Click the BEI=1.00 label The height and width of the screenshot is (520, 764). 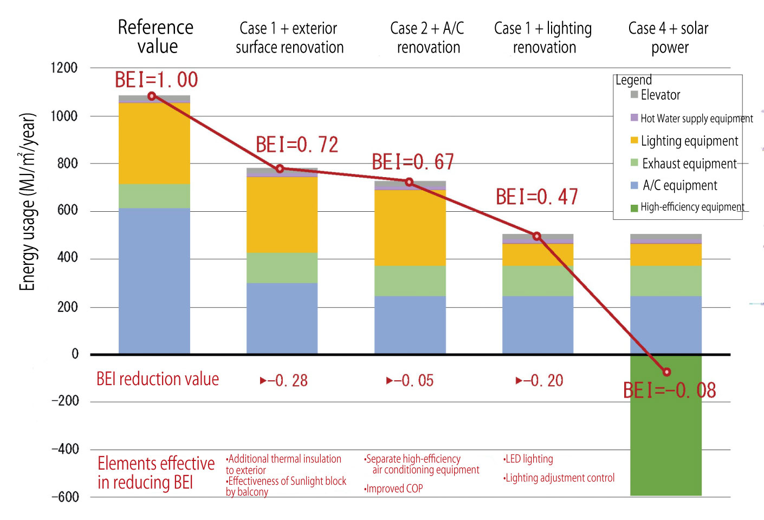coord(156,80)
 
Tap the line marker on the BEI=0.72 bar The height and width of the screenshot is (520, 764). coord(280,169)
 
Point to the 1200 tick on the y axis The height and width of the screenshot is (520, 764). coord(64,68)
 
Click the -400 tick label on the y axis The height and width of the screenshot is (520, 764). coord(65,449)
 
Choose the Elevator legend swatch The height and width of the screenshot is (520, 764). coord(634,95)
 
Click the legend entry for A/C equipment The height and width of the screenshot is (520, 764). coord(679,186)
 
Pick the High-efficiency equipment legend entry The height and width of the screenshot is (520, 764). coord(692,207)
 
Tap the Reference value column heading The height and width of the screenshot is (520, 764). coord(156,37)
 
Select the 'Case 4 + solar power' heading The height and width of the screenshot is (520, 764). coord(669,37)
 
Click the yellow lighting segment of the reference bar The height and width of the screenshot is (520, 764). coord(154,144)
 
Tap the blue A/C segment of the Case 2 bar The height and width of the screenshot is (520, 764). coord(410,324)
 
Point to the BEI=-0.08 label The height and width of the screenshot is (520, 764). coord(669,391)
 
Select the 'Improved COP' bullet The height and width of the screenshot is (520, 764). coord(393,489)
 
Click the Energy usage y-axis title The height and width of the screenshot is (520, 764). coord(27,202)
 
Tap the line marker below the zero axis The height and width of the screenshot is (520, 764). coord(666,372)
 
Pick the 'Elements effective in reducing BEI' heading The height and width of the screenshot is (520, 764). coord(156,473)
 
